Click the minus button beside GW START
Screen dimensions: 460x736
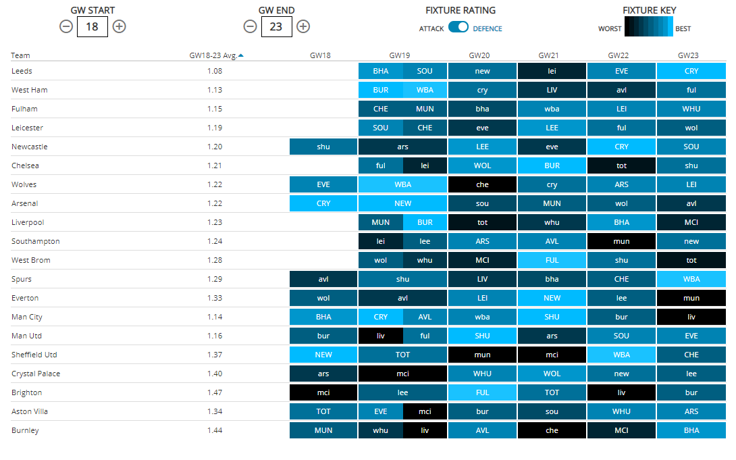[66, 26]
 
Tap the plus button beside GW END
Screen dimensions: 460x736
[303, 26]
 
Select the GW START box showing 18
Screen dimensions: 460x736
[93, 26]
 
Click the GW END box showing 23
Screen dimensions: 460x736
[277, 26]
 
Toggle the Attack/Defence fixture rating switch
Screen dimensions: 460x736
[458, 27]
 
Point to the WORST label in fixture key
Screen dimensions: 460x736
[610, 29]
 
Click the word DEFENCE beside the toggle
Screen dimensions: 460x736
[488, 29]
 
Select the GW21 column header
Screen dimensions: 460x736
[552, 55]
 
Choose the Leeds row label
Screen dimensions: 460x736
[22, 71]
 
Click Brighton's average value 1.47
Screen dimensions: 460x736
[215, 392]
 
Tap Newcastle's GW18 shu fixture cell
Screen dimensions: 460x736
[323, 147]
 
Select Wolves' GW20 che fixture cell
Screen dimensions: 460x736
[482, 184]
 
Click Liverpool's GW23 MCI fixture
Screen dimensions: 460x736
[691, 222]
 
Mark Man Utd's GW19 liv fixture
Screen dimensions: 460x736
[380, 336]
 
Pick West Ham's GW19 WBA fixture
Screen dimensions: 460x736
[425, 90]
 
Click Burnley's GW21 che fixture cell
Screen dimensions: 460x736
[552, 430]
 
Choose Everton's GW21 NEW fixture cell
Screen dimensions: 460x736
[552, 298]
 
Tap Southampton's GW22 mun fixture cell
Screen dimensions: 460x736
[621, 241]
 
